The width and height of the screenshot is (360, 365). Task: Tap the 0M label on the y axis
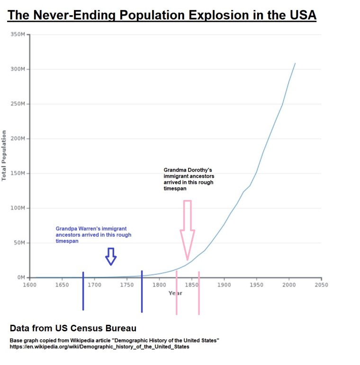21,277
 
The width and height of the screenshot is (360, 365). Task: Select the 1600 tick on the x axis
29,285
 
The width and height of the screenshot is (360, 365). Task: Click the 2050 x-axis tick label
321,285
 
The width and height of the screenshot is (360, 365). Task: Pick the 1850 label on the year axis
191,285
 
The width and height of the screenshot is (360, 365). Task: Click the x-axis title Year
175,293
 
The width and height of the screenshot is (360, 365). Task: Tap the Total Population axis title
4,155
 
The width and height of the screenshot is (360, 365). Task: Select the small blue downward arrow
111,256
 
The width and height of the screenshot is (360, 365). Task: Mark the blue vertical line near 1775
142,292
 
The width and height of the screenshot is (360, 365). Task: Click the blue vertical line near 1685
83,292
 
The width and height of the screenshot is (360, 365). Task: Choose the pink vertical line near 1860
199,293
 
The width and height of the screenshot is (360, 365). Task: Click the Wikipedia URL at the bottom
99,347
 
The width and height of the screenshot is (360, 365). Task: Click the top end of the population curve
295,63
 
